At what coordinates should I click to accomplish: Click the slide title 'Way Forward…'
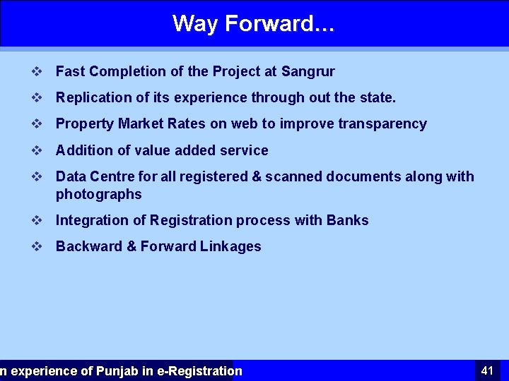[x=254, y=23]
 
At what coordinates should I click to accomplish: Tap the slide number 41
[x=487, y=370]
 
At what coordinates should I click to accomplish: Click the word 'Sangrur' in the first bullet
[x=308, y=71]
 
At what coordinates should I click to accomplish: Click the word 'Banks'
[x=347, y=220]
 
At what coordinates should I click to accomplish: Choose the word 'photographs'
[x=98, y=194]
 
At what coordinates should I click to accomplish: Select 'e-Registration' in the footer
[x=199, y=371]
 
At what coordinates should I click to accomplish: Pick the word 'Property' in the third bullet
[x=85, y=124]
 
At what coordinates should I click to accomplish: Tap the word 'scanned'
[x=289, y=176]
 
